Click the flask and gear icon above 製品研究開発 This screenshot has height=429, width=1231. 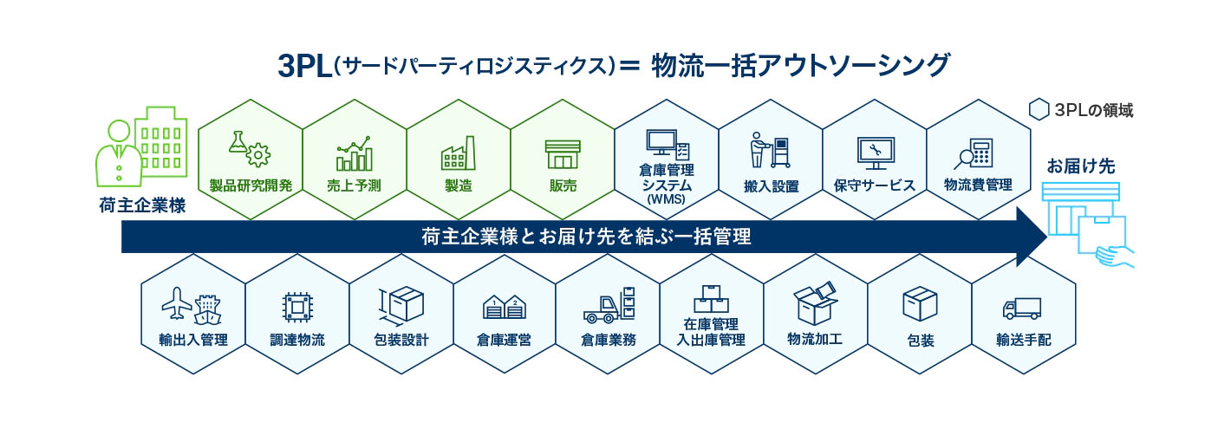point(250,149)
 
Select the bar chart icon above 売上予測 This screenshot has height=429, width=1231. point(354,153)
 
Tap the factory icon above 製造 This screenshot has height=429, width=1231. point(459,153)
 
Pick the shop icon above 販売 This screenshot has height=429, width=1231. point(563,154)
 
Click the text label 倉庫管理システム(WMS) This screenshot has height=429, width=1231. point(667,185)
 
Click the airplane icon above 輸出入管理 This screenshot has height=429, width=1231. point(177,303)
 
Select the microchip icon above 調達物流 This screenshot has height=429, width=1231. point(297,307)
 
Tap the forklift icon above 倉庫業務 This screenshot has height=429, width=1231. point(609,305)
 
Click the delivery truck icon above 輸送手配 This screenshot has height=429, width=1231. point(1022,309)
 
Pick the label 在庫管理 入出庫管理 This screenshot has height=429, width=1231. point(711,332)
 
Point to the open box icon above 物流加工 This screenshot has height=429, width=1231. point(816,303)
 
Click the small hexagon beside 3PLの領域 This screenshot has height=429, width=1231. point(1039,109)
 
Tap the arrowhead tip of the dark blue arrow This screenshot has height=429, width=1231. point(1047,237)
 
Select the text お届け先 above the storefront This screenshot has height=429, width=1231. point(1080,166)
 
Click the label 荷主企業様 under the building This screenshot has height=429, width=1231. point(142,205)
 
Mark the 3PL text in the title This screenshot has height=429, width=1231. point(305,67)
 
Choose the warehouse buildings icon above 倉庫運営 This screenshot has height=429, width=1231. point(505,308)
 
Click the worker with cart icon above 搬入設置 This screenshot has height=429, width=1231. point(771,150)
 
